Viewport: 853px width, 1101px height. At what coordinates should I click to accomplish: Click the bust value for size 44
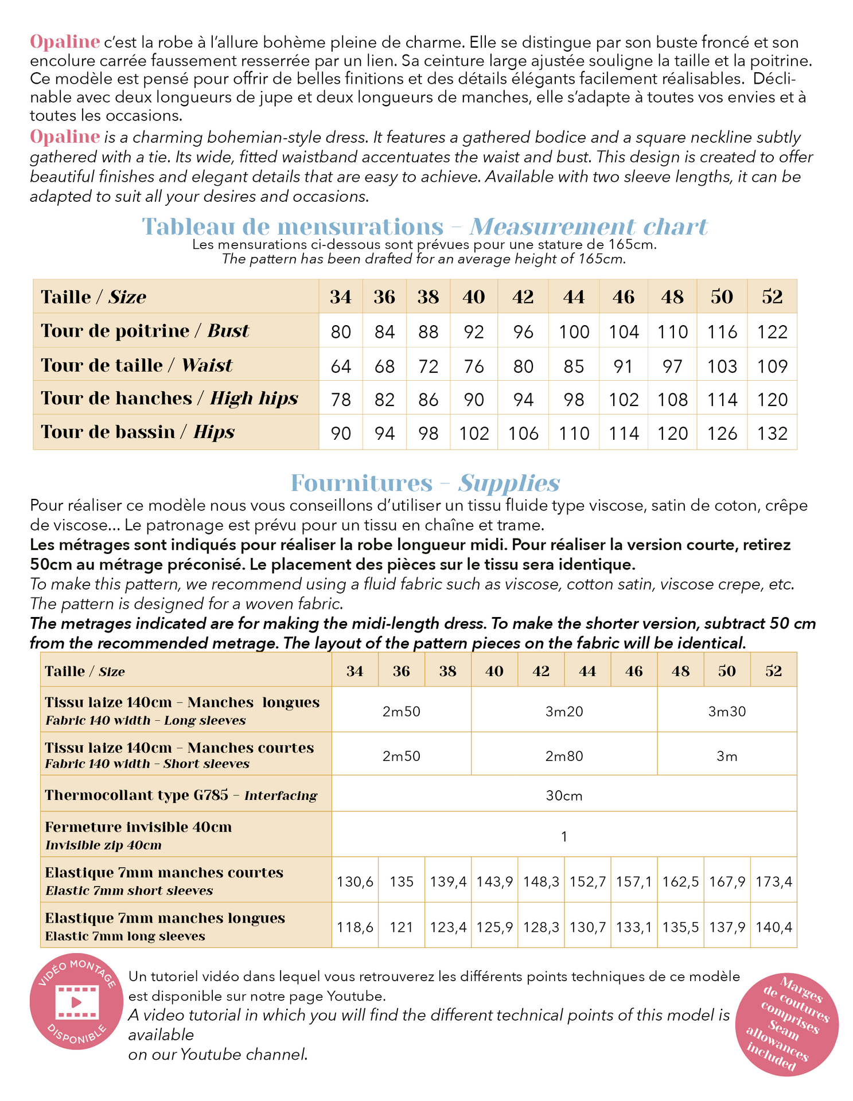coord(574,332)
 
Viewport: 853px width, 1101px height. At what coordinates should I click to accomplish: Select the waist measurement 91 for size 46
coord(623,366)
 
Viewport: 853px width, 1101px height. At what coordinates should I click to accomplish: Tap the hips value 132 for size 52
coord(772,433)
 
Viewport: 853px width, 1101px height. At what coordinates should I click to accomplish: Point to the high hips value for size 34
coord(341,399)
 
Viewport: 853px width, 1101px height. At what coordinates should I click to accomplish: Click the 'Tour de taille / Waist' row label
coord(137,365)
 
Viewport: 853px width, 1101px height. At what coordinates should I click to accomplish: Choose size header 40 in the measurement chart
coord(474,297)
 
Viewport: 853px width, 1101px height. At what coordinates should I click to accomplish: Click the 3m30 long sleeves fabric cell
coord(727,712)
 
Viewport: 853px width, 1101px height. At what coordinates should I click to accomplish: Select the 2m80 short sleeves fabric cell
coord(564,756)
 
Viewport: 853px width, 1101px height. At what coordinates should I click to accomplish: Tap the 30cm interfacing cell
coord(564,795)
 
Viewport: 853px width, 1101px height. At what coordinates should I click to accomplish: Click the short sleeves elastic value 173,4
coord(774,881)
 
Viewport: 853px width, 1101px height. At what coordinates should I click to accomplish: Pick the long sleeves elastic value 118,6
coord(355,927)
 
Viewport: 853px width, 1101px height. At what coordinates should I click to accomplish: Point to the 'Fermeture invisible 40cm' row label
coord(138,827)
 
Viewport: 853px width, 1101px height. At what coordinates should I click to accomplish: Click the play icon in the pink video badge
coord(76,1002)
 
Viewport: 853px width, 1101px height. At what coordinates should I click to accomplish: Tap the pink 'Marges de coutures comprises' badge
coord(786,1024)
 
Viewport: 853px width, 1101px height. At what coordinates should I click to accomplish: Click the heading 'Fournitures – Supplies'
coord(425,483)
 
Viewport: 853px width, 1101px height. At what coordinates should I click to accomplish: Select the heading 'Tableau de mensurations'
coord(293,227)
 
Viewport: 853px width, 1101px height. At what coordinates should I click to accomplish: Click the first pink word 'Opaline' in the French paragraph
coord(65,42)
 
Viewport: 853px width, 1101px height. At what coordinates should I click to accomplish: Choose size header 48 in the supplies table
coord(680,671)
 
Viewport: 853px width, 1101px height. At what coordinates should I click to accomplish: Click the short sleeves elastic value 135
coord(402,881)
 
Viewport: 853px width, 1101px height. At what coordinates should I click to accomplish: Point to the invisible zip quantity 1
coord(564,837)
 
